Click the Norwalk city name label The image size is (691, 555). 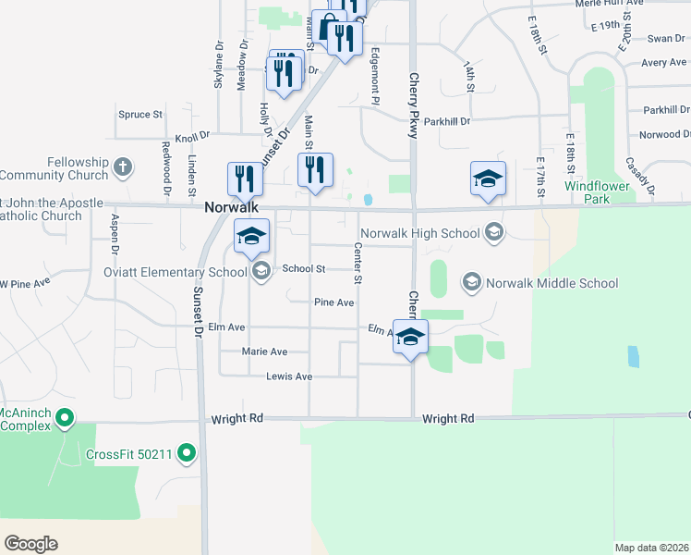[x=231, y=209]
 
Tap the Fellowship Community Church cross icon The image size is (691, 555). [x=122, y=168]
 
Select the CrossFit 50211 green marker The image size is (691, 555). [x=187, y=453]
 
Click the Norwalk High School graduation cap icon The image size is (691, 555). [x=494, y=233]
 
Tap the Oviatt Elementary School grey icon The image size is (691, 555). [x=261, y=271]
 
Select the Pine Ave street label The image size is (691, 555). [x=334, y=302]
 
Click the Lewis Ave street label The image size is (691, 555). [x=289, y=376]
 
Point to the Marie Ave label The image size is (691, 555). [x=264, y=351]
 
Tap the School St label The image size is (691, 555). [x=304, y=268]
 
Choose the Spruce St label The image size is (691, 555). [x=140, y=115]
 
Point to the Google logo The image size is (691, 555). [x=31, y=543]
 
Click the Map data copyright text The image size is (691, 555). [x=650, y=548]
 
